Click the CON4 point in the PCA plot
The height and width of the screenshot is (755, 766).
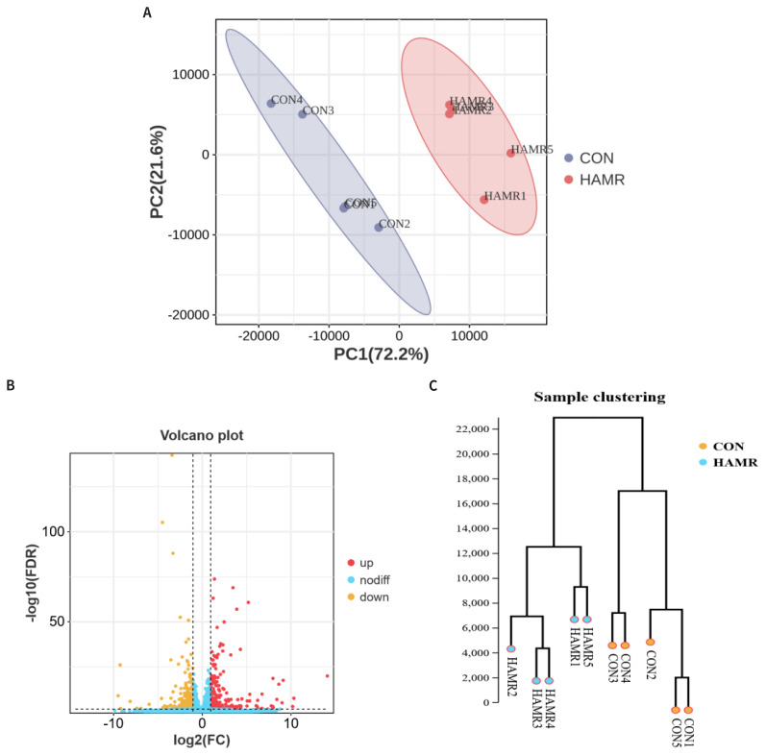click(x=271, y=103)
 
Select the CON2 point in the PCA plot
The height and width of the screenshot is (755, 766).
click(x=379, y=228)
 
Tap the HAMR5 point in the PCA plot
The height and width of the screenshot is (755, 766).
click(x=510, y=153)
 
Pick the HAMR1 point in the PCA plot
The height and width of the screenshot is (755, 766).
click(x=484, y=200)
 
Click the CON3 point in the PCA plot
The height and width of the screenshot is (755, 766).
click(x=303, y=113)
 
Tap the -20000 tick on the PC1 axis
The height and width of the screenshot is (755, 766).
click(x=257, y=336)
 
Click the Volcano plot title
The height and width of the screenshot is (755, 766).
click(x=201, y=435)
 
